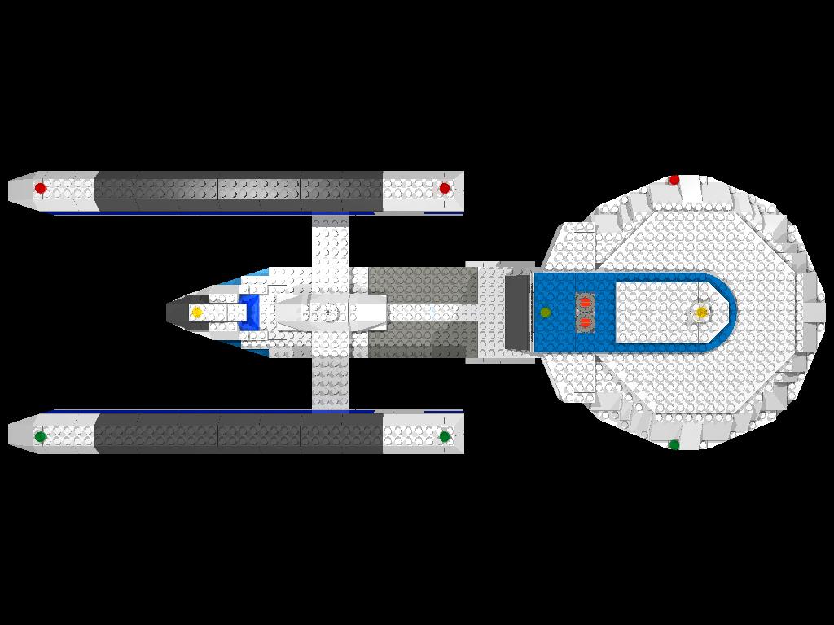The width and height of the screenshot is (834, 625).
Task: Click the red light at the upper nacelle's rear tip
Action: [x=41, y=189]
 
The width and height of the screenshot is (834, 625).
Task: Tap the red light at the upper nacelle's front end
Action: [x=445, y=189]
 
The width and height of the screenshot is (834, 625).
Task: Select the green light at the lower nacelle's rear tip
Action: [x=41, y=436]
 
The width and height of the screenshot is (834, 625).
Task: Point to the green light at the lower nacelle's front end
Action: [x=445, y=436]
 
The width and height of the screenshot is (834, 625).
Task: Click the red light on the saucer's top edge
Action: [x=674, y=180]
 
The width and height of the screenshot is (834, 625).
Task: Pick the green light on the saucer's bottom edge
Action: [x=674, y=444]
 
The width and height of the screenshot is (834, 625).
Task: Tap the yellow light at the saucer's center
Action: [x=701, y=312]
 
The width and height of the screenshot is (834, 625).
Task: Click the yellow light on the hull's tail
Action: [x=196, y=312]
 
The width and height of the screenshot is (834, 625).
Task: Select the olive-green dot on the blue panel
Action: [x=546, y=312]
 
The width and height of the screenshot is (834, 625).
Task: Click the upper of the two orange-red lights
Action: [x=585, y=303]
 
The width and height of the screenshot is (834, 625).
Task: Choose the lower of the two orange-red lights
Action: [x=585, y=322]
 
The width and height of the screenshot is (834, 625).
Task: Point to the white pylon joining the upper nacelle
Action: [x=331, y=241]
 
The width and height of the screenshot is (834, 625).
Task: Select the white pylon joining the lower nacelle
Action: [x=331, y=382]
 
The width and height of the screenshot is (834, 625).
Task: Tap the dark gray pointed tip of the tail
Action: [x=176, y=312]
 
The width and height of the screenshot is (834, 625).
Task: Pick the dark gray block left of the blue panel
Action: [x=517, y=312]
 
